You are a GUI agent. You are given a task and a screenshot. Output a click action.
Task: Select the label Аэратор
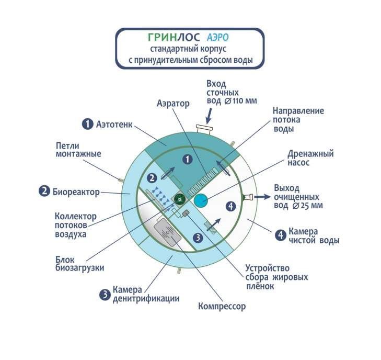coord(172,104)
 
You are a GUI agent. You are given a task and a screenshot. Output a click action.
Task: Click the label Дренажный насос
coord(310,158)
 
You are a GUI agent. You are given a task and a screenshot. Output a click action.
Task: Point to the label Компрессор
coord(222,306)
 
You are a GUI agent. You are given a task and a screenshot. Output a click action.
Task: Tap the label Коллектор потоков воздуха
coord(76,225)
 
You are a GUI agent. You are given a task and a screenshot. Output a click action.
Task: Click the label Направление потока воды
coord(298,119)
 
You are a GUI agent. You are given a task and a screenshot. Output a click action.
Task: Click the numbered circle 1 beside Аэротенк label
coord(87,124)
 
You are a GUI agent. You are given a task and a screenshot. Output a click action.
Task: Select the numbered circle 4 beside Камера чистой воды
coord(280,235)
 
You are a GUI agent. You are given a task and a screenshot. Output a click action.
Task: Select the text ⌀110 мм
coord(239,100)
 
